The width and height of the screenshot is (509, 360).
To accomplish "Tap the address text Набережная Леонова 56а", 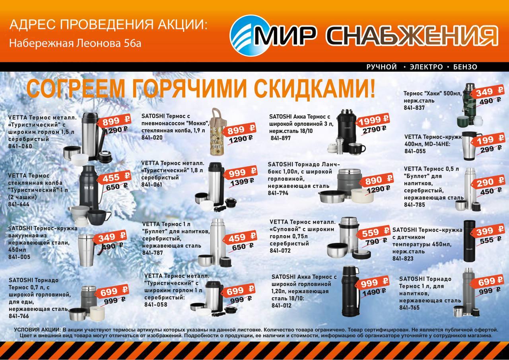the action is (75, 43).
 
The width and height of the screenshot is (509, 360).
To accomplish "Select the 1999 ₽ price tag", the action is (373, 120).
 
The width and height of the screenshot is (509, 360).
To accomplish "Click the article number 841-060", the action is (20, 146).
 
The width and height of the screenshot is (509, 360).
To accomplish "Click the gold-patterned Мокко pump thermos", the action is (217, 132).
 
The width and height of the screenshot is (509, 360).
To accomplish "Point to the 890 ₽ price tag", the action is (378, 180).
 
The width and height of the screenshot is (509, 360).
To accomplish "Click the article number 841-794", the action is (278, 193).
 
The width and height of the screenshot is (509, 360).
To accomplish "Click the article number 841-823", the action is (403, 259).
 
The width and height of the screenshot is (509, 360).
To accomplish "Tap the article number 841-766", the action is (19, 316).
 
